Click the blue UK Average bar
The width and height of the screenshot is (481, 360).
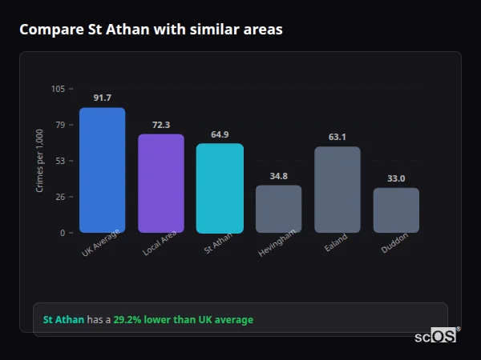pos(102,170)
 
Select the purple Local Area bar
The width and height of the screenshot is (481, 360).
pos(161,183)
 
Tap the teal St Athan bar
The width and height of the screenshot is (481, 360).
pos(220,188)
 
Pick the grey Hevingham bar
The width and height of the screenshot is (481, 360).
pos(278,209)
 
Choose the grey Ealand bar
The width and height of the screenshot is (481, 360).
pos(338,190)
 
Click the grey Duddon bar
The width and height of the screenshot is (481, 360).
pos(396,210)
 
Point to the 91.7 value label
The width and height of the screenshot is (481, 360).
pos(102,98)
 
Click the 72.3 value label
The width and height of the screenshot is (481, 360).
pos(161,125)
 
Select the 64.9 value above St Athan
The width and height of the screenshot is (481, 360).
pos(220,134)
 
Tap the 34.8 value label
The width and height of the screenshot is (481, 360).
pos(278,176)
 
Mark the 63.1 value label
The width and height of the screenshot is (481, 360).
pos(338,137)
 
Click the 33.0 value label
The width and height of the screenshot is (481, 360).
pos(396,178)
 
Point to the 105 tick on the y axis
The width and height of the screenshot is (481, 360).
pos(58,89)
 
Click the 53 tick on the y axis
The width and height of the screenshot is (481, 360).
pos(60,161)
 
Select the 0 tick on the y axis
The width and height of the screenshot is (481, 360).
pos(63,233)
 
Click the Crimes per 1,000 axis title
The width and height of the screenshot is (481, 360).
pos(40,161)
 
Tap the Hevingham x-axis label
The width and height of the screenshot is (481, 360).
pos(277,243)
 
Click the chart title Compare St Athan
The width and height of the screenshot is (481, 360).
pos(151,30)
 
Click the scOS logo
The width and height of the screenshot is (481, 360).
pos(435,336)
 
